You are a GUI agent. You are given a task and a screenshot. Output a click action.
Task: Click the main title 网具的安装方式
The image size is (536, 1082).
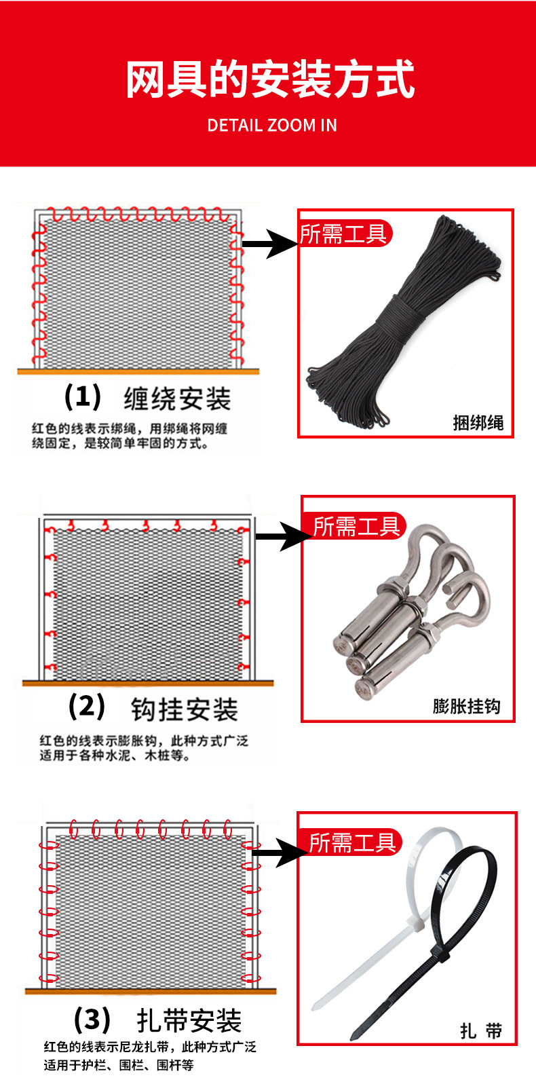tap(270, 79)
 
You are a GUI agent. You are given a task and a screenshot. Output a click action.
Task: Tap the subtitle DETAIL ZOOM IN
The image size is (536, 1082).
tap(271, 126)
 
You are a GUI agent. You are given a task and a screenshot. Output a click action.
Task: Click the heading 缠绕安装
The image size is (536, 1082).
tap(177, 399)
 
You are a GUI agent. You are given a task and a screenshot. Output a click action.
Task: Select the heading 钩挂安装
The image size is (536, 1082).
tap(184, 710)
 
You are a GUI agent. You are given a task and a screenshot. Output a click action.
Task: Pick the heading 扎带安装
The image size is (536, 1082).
tap(189, 1020)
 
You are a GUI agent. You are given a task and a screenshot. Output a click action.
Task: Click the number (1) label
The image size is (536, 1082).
tap(83, 396)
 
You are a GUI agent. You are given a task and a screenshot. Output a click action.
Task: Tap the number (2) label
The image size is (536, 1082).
tap(87, 707)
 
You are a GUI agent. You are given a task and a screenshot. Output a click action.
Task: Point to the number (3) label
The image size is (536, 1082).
tap(92, 1019)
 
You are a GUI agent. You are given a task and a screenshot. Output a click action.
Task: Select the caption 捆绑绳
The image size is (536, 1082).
tap(478, 423)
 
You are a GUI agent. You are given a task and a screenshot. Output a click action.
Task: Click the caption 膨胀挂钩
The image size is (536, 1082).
tap(466, 707)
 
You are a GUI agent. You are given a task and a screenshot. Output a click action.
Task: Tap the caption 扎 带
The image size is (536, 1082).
tap(480, 1031)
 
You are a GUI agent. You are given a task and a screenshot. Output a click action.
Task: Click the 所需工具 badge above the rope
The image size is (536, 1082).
tap(345, 234)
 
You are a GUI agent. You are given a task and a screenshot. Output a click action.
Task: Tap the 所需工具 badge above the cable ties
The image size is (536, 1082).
tap(351, 843)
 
